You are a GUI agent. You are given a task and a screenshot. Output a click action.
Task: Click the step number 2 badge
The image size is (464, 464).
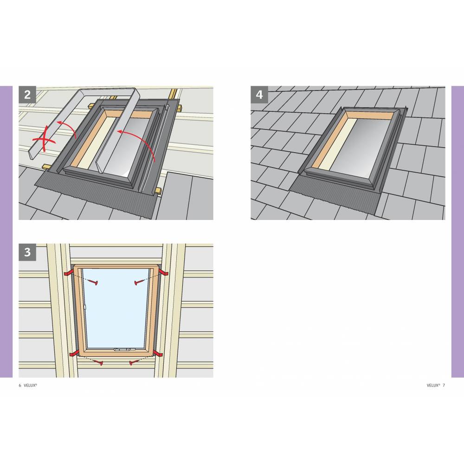27,95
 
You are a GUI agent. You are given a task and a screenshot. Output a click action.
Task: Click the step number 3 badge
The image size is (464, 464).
27,252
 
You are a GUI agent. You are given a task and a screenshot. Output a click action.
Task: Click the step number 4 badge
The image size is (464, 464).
259,95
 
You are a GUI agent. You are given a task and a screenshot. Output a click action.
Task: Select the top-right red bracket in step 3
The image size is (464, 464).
163,272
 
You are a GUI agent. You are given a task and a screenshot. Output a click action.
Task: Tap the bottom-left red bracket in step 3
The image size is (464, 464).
74,353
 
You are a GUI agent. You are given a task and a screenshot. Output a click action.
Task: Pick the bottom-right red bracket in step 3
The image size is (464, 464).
158,353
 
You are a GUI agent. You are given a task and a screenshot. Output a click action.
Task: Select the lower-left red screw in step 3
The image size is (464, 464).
98,362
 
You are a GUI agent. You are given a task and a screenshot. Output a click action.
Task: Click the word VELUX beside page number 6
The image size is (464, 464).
30,385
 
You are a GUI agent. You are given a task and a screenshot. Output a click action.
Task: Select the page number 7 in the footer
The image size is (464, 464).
444,385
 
